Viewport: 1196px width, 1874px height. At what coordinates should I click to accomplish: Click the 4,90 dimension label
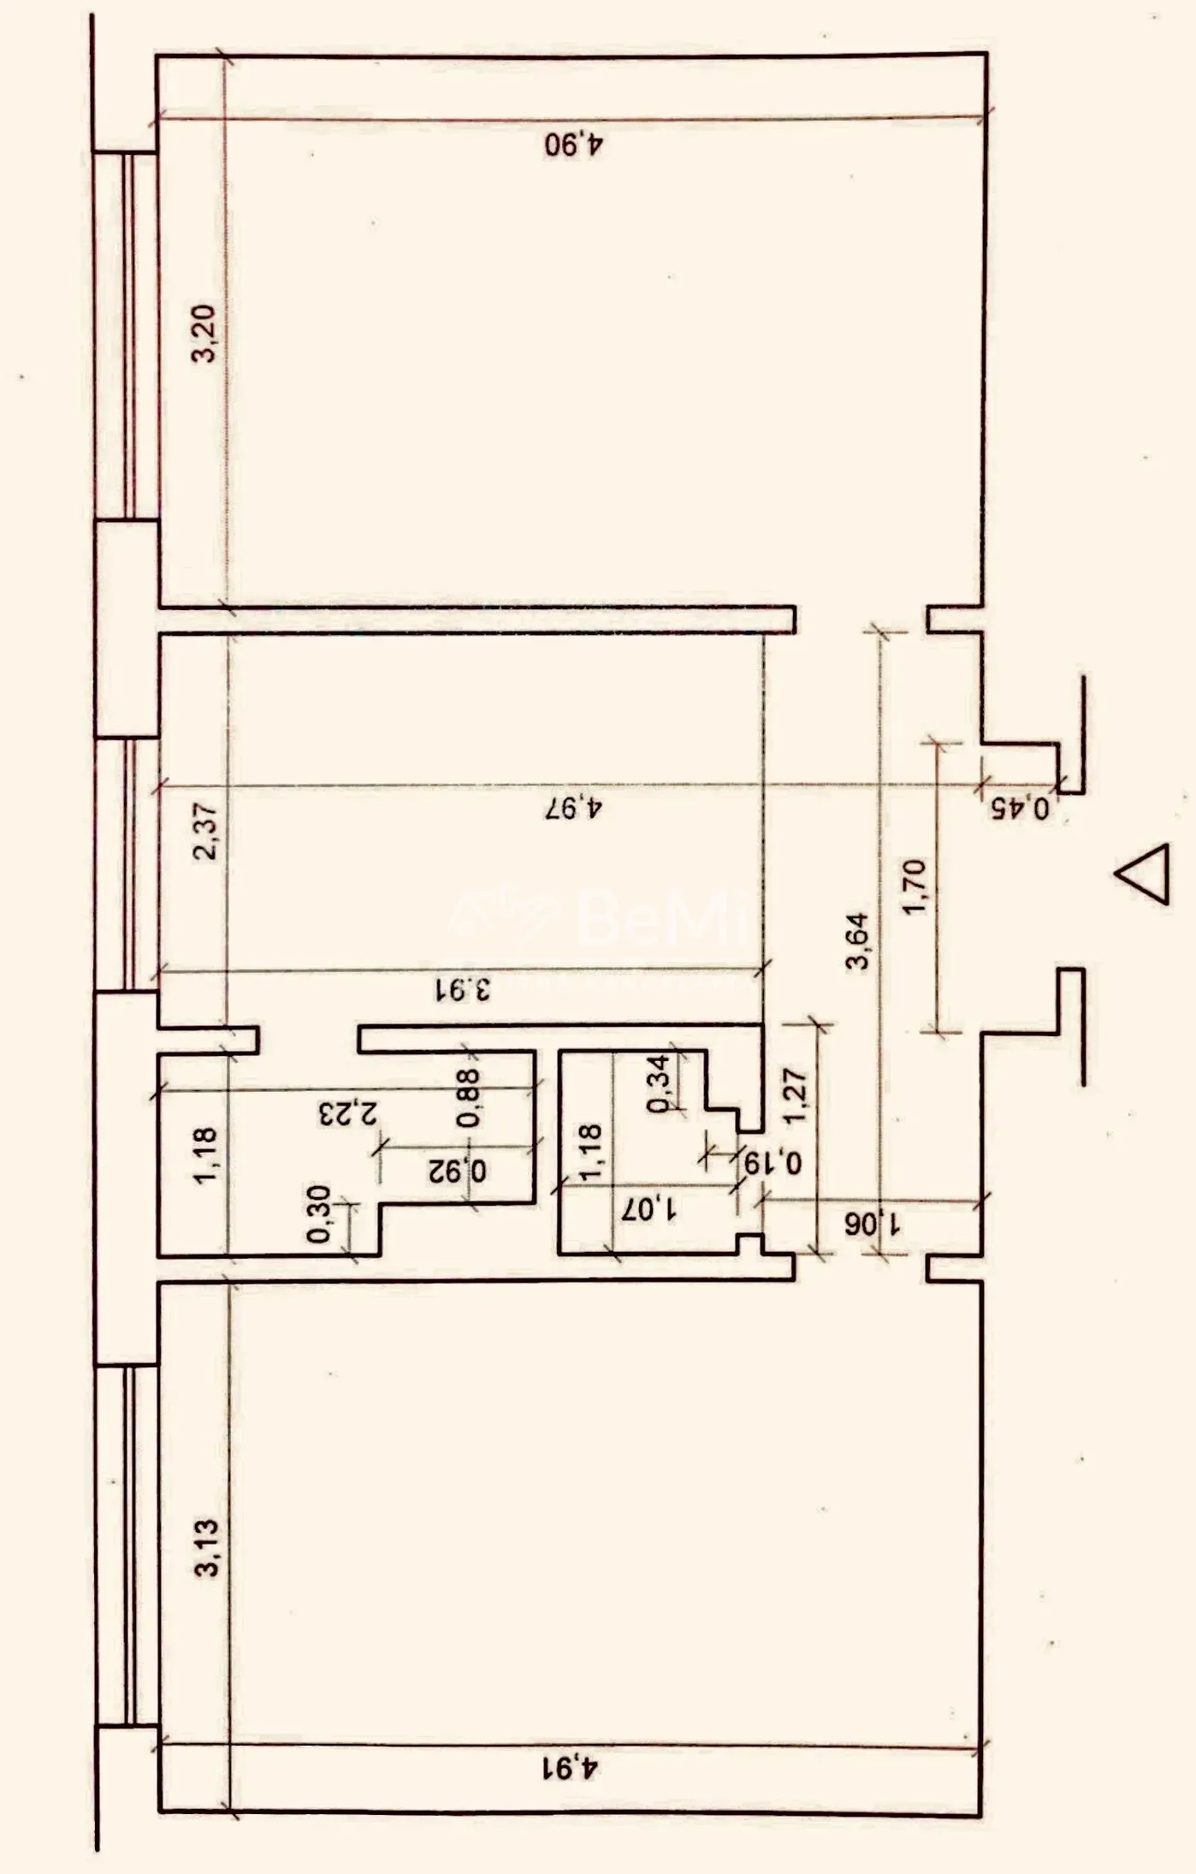[x=574, y=143]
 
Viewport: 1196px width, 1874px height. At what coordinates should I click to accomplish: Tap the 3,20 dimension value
[x=205, y=334]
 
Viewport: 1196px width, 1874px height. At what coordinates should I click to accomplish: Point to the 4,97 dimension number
[x=574, y=807]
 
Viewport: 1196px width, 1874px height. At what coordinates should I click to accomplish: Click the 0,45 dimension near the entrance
[x=1021, y=808]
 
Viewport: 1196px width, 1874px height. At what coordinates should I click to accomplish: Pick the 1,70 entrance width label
[x=915, y=887]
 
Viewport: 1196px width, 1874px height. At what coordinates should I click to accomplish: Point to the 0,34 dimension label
[x=660, y=1083]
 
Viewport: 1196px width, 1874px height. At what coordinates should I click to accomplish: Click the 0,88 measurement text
[x=469, y=1098]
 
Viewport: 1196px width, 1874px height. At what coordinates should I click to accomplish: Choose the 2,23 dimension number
[x=346, y=1113]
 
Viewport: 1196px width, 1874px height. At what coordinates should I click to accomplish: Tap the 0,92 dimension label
[x=458, y=1170]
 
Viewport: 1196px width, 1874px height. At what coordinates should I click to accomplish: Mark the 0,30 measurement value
[x=318, y=1213]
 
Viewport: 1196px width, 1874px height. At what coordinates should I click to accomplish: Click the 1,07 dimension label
[x=649, y=1209]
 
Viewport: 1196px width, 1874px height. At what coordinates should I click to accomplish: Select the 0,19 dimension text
[x=773, y=1162]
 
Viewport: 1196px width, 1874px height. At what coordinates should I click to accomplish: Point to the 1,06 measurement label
[x=873, y=1225]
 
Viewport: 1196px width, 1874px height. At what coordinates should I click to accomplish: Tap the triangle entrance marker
[x=1143, y=874]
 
